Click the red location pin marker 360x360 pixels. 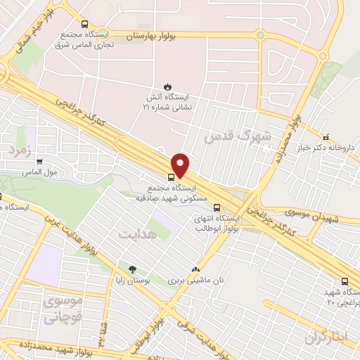(181, 164)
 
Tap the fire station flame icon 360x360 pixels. (166, 86)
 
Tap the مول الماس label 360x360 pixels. (39, 172)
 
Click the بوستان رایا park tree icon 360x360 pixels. (131, 269)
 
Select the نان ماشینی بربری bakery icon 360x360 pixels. (195, 269)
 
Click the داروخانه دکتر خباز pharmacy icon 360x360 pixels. (325, 138)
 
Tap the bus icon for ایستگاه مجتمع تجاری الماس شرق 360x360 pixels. (85, 23)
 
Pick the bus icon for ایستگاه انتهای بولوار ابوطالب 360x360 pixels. (217, 207)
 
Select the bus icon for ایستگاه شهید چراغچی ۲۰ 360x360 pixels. (344, 279)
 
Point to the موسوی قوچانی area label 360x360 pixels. (63, 309)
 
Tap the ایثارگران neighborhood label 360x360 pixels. (327, 337)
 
